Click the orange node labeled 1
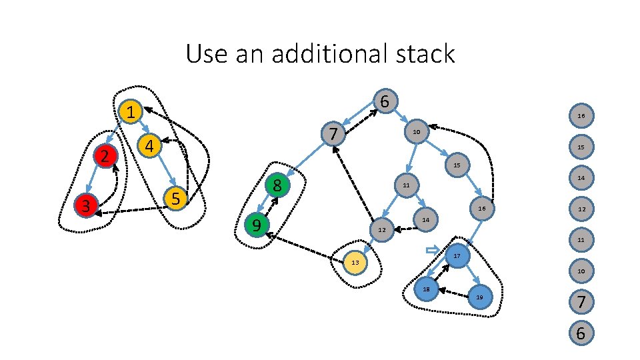[132, 112]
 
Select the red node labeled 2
[105, 157]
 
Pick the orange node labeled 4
[149, 145]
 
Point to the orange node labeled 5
[175, 198]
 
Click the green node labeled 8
[277, 186]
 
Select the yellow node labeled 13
[355, 263]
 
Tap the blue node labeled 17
[457, 256]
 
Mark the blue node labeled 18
[425, 289]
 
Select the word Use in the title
[205, 54]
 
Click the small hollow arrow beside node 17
[433, 250]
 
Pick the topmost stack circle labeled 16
[581, 116]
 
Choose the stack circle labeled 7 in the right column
[581, 302]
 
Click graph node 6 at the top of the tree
[385, 101]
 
